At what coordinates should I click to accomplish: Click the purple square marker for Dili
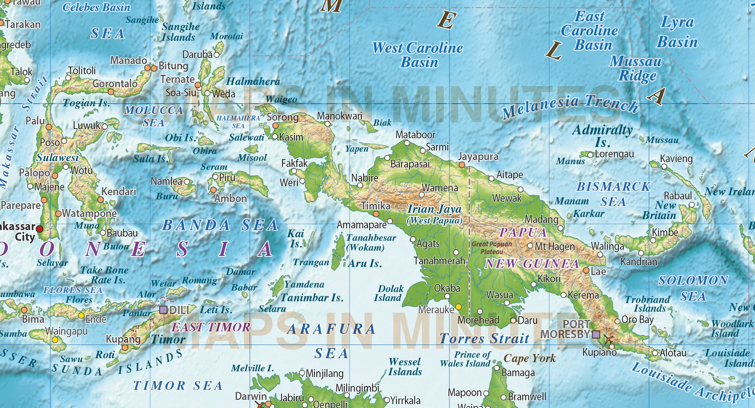pyautogui.click(x=163, y=310)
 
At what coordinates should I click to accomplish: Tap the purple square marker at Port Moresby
pyautogui.click(x=596, y=334)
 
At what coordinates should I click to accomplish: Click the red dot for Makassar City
pyautogui.click(x=39, y=229)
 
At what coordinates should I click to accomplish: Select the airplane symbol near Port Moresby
pyautogui.click(x=608, y=339)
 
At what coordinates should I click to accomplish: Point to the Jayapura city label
pyautogui.click(x=478, y=156)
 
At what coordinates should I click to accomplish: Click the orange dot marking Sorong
pyautogui.click(x=275, y=126)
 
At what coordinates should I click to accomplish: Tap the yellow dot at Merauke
pyautogui.click(x=458, y=307)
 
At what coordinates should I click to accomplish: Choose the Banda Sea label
pyautogui.click(x=220, y=225)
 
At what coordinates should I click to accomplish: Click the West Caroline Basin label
pyautogui.click(x=418, y=55)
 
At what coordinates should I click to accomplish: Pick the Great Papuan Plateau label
pyautogui.click(x=492, y=248)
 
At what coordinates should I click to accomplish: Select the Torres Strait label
pyautogui.click(x=484, y=339)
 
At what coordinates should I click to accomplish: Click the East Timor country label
pyautogui.click(x=211, y=327)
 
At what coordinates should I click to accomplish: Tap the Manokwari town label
pyautogui.click(x=340, y=116)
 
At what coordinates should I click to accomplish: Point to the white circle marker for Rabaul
pyautogui.click(x=692, y=205)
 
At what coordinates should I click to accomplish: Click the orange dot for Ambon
pyautogui.click(x=213, y=190)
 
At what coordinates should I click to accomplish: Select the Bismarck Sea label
pyautogui.click(x=613, y=194)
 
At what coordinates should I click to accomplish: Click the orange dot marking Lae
pyautogui.click(x=586, y=270)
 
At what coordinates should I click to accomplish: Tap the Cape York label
pyautogui.click(x=530, y=358)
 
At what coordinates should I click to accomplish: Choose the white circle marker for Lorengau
pyautogui.click(x=590, y=155)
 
